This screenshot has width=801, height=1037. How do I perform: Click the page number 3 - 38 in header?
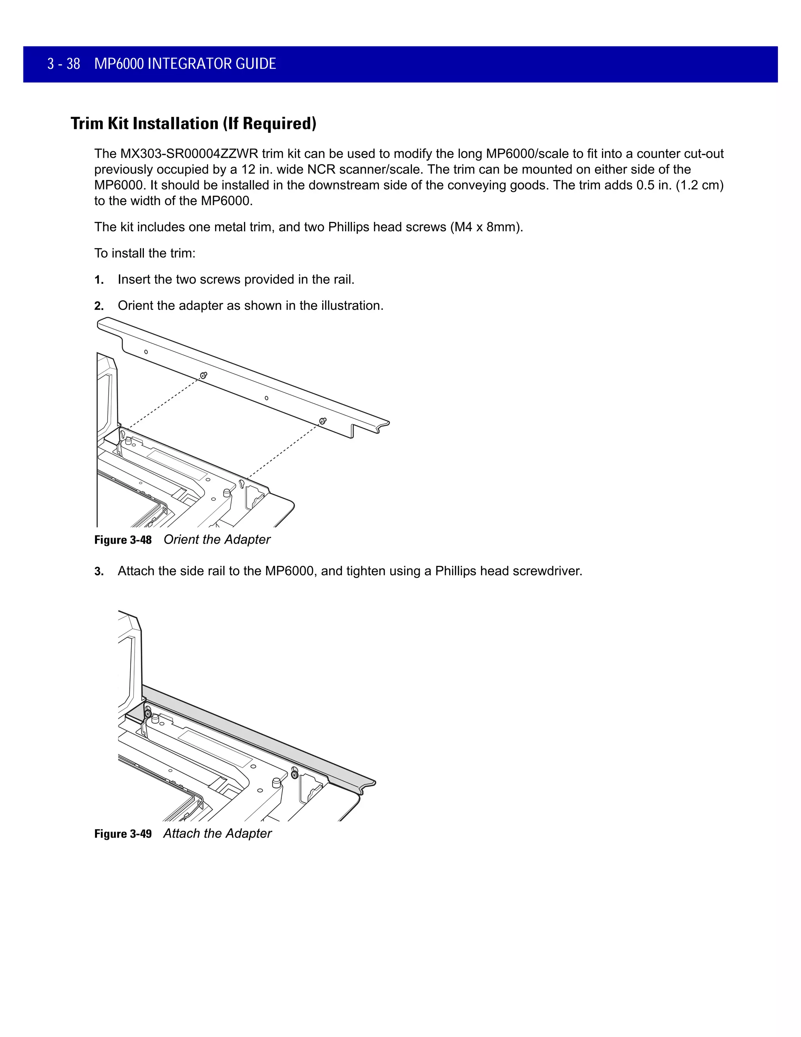pos(64,64)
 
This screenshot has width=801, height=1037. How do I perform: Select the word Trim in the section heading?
pos(87,124)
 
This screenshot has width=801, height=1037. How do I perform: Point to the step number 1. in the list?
pos(99,280)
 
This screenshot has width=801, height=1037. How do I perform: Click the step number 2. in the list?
pos(99,306)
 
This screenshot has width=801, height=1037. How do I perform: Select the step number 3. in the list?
pos(99,572)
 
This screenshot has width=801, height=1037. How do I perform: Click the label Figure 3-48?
pos(123,540)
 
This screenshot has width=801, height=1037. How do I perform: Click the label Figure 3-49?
pos(123,834)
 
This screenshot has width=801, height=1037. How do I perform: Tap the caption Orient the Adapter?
pos(217,540)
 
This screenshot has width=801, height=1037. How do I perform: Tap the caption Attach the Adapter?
pos(217,834)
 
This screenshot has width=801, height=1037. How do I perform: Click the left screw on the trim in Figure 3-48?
pos(203,376)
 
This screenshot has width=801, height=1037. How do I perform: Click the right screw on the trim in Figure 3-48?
pos(323,421)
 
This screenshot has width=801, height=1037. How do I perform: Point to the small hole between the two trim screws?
pos(266,398)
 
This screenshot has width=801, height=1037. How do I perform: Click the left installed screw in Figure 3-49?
pos(148,714)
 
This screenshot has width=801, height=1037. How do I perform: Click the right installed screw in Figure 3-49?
pos(294,775)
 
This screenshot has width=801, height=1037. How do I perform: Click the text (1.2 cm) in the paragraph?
pos(699,185)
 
